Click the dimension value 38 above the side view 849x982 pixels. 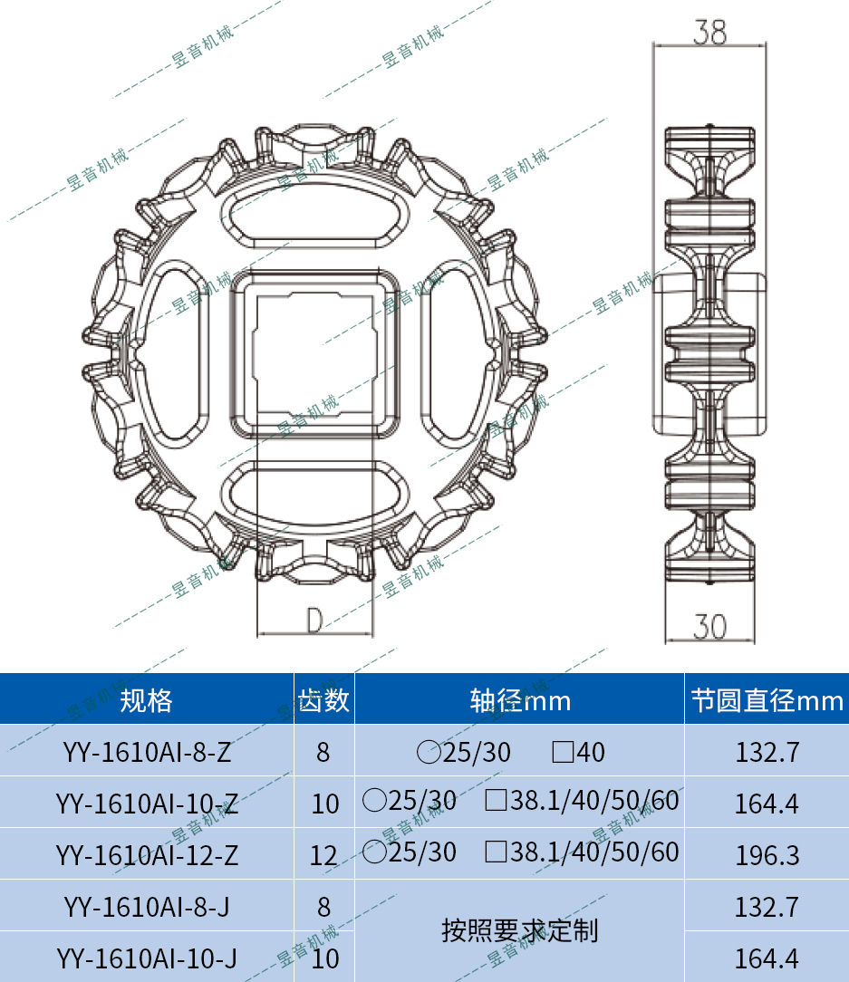709,33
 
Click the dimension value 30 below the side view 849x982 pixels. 710,626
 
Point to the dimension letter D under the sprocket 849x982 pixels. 314,621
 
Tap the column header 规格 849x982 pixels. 147,700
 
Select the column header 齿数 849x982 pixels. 324,700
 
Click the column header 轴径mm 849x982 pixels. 519,700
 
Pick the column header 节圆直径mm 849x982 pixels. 767,700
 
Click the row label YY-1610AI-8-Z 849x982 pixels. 147,752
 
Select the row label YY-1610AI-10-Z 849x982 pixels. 147,804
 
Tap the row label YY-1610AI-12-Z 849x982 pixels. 147,854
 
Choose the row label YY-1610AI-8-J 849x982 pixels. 147,906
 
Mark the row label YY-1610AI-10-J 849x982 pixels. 147,958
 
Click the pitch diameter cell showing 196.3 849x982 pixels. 767,854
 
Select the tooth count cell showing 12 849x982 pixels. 323,854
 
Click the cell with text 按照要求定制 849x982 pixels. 519,930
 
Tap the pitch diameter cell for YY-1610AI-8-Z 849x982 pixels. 767,752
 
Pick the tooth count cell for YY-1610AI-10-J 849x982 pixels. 324,958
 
